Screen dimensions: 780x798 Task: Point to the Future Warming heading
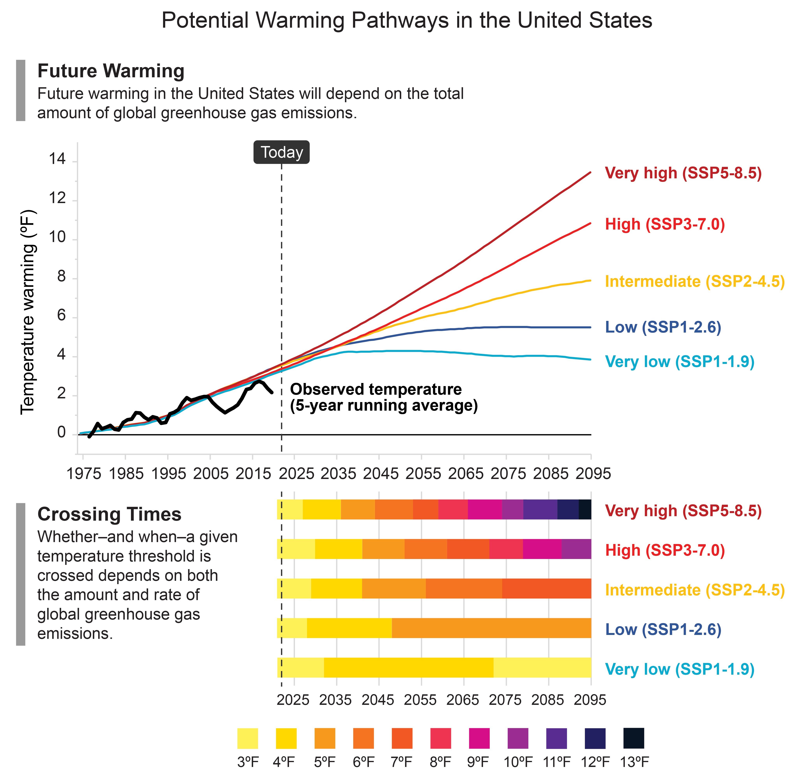tap(111, 71)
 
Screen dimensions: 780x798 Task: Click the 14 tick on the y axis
tap(57, 159)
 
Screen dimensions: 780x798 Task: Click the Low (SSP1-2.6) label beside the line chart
tap(663, 327)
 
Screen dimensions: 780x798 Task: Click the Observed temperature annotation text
tap(384, 397)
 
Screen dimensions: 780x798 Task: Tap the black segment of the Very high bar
tap(585, 510)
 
